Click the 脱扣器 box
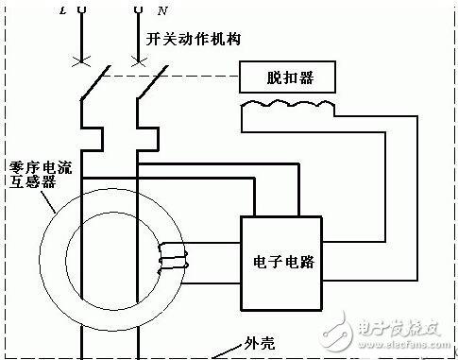pos(287,77)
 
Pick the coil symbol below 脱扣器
pos(287,106)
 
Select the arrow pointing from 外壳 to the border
pos(228,351)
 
